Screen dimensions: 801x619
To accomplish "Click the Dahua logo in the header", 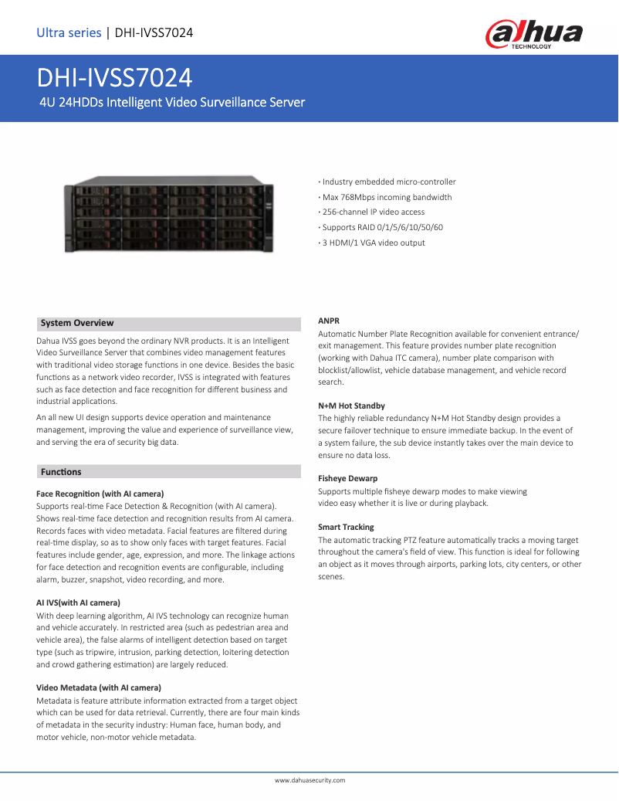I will [x=533, y=35].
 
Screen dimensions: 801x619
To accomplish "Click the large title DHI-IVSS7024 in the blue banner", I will [x=115, y=79].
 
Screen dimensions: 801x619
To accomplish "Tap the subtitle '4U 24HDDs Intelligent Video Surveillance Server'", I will [x=172, y=102].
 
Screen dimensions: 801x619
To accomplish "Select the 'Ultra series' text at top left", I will [x=69, y=32].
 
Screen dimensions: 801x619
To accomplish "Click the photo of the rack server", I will [x=169, y=217].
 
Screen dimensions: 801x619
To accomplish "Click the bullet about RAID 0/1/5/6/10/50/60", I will [x=381, y=227].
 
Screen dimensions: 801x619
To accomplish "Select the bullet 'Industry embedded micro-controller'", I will [x=387, y=182].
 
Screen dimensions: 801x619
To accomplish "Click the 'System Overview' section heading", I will [x=77, y=323].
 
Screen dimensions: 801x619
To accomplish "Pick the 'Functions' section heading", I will [x=61, y=471].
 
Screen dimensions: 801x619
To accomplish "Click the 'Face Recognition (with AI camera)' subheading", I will [x=100, y=493].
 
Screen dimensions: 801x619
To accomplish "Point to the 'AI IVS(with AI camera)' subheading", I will [x=78, y=602].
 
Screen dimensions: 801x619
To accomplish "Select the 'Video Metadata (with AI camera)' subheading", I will [x=99, y=687].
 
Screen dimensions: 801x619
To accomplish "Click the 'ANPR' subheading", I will [x=329, y=320].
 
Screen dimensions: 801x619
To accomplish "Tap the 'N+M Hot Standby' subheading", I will [x=351, y=406].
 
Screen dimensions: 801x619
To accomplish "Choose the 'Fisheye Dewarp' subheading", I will [x=347, y=478].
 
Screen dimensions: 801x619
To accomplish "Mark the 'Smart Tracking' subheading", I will [x=346, y=527].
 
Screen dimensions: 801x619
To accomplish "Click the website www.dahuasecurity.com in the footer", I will [x=309, y=780].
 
